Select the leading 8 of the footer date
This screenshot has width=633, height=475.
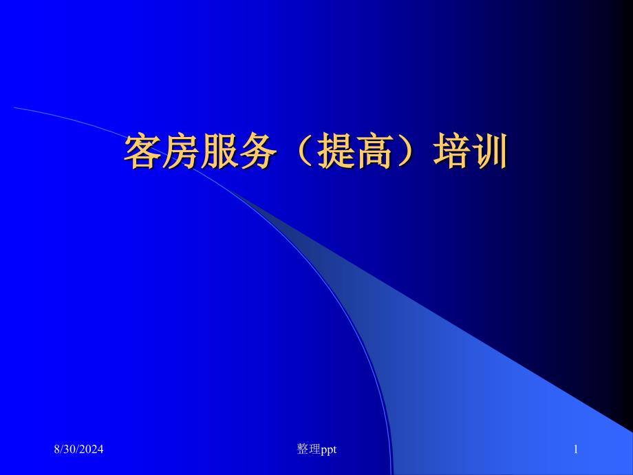coord(57,449)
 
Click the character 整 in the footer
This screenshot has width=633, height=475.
coord(303,449)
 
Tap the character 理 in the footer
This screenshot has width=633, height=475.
coord(314,449)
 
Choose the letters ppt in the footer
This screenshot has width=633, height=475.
coord(329,450)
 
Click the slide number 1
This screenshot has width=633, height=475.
coord(576,449)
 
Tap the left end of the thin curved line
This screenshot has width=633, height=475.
coord(14,108)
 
